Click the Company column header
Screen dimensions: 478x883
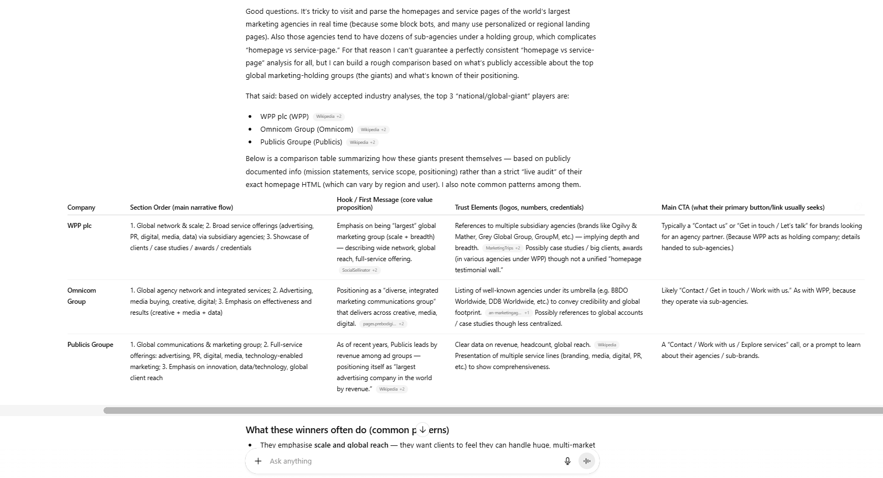tap(81, 207)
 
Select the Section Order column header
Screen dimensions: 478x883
tap(182, 207)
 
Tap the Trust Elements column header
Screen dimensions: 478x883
tap(519, 207)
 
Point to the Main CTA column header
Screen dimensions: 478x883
tap(742, 207)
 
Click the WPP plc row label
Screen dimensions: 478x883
tap(80, 226)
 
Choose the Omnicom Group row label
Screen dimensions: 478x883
tap(81, 296)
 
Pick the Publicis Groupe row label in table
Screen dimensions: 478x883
tap(90, 345)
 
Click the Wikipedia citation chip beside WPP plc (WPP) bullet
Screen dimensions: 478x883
tap(329, 117)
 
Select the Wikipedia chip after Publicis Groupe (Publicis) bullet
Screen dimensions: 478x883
tap(362, 142)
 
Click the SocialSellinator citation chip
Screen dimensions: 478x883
tap(359, 271)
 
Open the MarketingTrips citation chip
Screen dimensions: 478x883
tap(502, 248)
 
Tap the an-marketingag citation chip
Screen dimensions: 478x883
tap(508, 313)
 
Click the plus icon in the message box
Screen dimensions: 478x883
tap(258, 461)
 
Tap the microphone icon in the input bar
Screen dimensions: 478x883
tap(567, 461)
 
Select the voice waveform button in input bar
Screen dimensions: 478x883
tap(587, 461)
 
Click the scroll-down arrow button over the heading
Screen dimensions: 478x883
tap(422, 429)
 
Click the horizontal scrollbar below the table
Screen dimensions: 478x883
tap(493, 411)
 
